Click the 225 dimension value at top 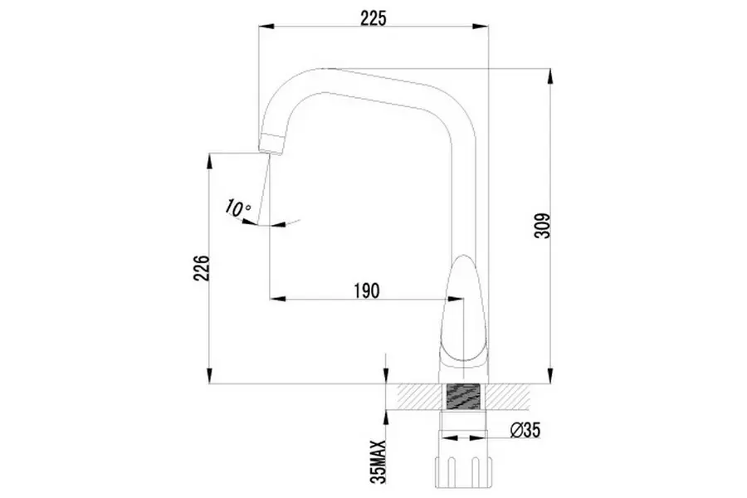[373, 17]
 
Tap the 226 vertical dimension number [200, 267]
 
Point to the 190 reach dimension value [366, 290]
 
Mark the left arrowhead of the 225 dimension [265, 27]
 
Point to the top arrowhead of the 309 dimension [549, 73]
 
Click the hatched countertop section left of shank [419, 396]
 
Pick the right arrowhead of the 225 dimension [485, 27]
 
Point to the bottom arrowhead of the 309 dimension [549, 378]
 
